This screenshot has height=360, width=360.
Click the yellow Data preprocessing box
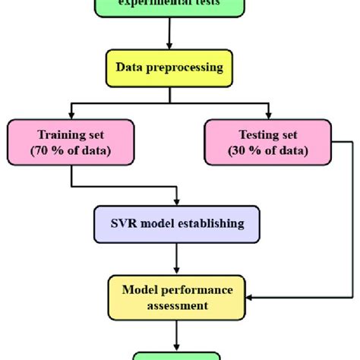coord(169,67)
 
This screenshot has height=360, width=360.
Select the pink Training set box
coord(70,141)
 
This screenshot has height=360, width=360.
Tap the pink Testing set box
coord(267,141)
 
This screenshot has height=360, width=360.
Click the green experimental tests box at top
coord(169,6)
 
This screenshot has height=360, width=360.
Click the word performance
coord(193,289)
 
